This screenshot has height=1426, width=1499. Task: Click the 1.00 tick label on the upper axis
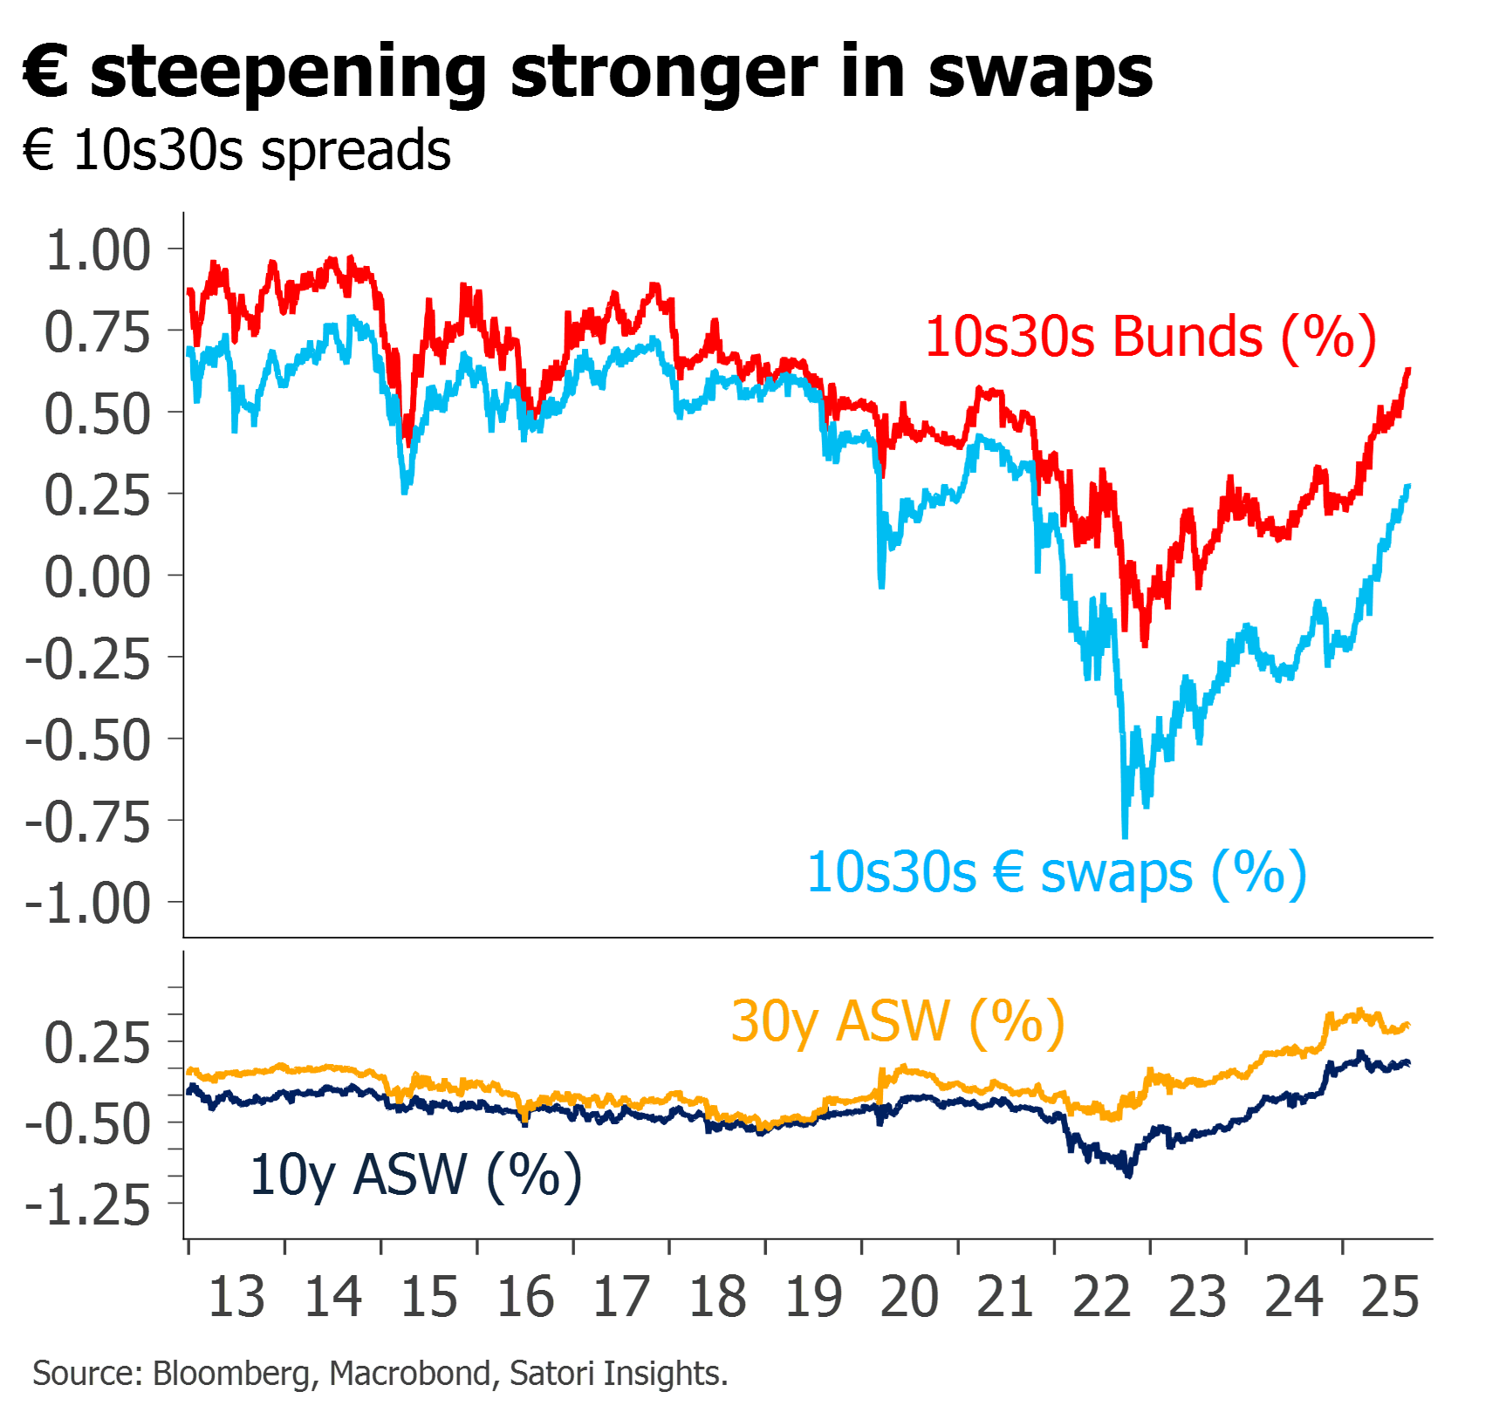point(98,250)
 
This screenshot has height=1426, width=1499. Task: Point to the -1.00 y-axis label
point(88,903)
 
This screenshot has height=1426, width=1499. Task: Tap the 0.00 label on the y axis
point(98,577)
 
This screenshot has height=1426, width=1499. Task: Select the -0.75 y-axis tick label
point(88,822)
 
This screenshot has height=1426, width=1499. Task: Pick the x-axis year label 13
point(236,1297)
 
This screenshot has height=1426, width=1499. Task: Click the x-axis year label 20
point(910,1297)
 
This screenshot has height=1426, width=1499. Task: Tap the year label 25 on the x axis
point(1391,1297)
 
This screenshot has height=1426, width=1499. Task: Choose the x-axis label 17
point(621,1297)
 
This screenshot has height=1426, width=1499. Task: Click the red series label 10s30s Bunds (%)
point(1151,337)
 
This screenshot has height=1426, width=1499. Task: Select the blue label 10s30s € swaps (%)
point(1057,872)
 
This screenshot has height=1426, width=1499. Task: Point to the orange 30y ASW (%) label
point(898,1020)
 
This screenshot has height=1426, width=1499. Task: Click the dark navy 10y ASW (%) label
point(415,1175)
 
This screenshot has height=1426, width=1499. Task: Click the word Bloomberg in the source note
point(231,1374)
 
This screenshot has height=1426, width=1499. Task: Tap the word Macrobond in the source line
point(410,1374)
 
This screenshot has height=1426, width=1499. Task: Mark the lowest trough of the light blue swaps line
point(1126,836)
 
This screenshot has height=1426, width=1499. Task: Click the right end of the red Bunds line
point(1410,370)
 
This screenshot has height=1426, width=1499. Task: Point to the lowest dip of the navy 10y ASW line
point(1130,1176)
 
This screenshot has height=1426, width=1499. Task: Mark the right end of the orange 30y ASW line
point(1410,1025)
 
